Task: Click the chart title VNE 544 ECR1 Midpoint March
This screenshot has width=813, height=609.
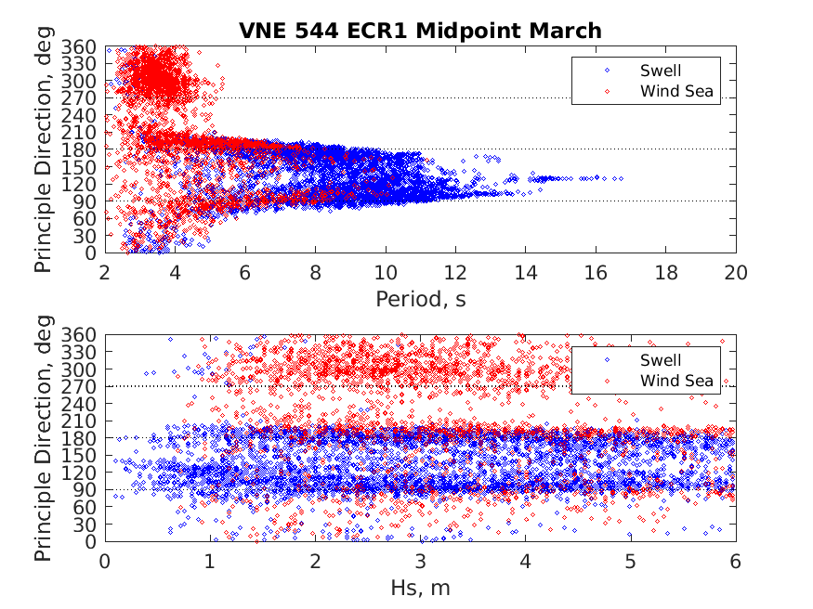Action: click(x=420, y=31)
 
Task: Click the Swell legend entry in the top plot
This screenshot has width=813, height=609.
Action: click(x=660, y=70)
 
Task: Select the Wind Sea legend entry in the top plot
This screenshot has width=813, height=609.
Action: click(x=675, y=91)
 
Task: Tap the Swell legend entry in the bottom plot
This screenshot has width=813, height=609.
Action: click(x=660, y=360)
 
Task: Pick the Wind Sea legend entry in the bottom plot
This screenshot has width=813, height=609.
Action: click(x=675, y=381)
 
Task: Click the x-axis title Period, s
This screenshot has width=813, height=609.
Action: click(x=420, y=299)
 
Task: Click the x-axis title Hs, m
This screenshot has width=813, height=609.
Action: click(x=420, y=588)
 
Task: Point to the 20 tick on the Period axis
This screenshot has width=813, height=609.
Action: click(x=736, y=272)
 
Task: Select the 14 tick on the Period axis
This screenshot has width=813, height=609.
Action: click(x=526, y=272)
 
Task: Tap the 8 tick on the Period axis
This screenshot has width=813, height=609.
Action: click(x=315, y=272)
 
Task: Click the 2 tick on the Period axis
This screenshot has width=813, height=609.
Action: click(x=105, y=272)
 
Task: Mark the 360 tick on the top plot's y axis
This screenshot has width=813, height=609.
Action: click(x=85, y=46)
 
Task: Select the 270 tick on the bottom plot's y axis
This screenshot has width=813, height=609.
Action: click(x=85, y=386)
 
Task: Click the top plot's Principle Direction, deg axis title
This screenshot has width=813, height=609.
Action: click(x=44, y=149)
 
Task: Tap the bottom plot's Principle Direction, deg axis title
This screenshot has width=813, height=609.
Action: click(x=44, y=438)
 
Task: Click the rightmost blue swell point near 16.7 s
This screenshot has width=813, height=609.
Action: click(x=620, y=178)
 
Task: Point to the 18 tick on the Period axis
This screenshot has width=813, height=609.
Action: click(x=666, y=272)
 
